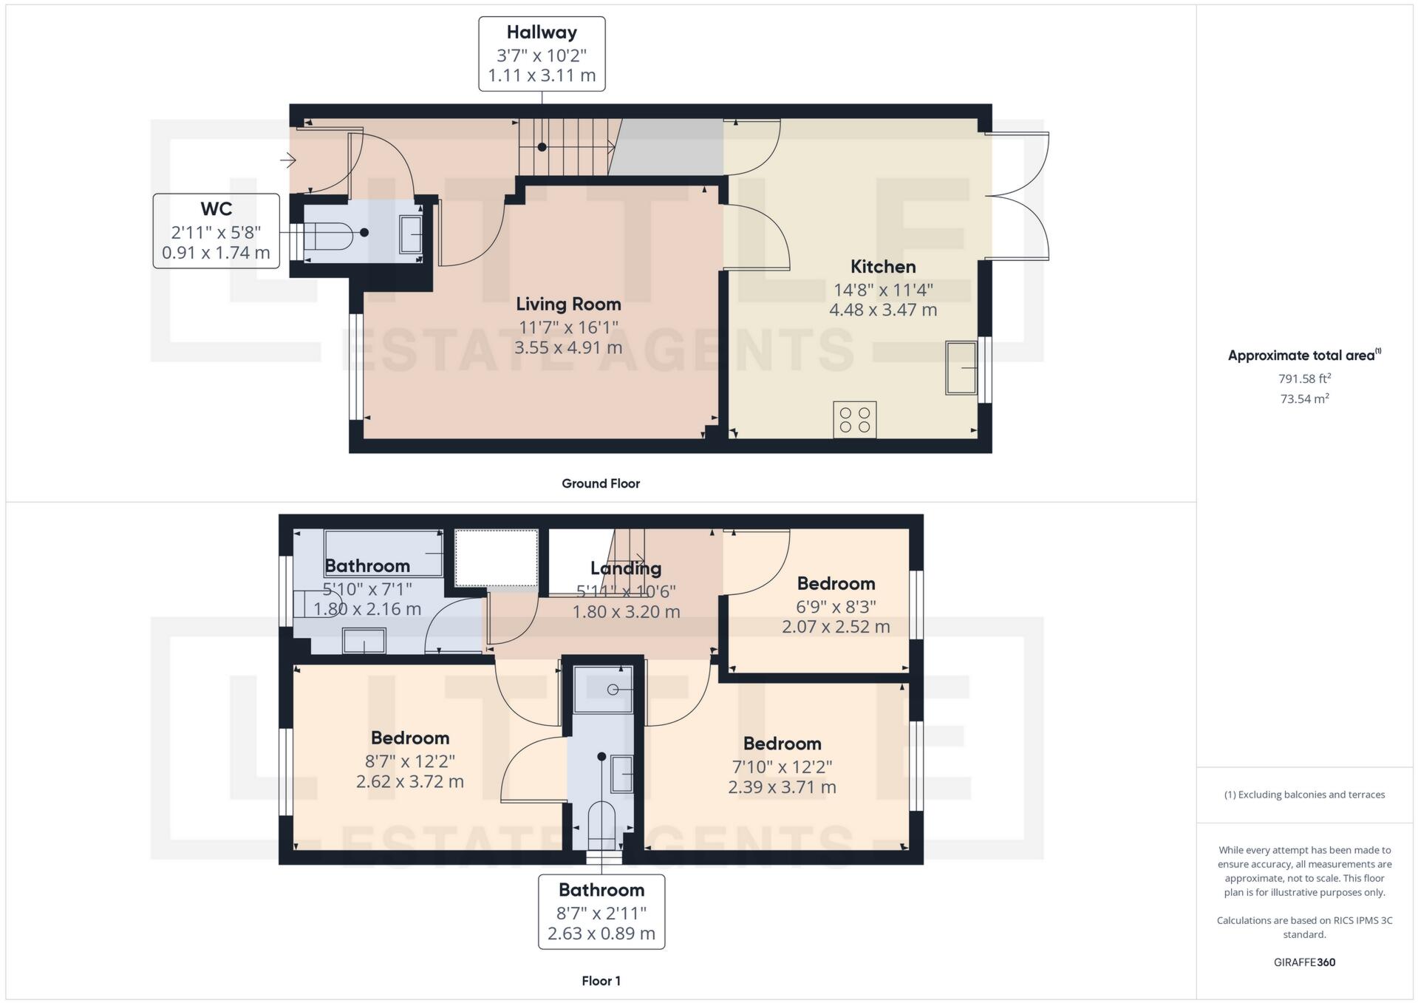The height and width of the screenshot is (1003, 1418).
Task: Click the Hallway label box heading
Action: (542, 33)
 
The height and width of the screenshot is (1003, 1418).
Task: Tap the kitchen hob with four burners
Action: (855, 419)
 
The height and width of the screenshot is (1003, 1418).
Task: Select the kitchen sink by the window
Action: (961, 367)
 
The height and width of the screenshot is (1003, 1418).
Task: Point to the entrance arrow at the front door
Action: (288, 159)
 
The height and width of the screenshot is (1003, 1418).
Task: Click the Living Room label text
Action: (567, 304)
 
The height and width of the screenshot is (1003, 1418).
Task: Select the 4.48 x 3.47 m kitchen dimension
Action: (882, 310)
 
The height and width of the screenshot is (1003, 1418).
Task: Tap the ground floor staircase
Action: (565, 147)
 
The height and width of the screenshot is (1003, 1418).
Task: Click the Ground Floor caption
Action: (600, 483)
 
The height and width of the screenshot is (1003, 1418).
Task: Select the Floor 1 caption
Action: (600, 981)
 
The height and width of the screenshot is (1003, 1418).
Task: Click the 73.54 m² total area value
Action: (1304, 399)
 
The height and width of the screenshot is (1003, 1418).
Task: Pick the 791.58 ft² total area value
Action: (1304, 378)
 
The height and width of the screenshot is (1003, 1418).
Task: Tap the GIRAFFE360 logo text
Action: (1304, 962)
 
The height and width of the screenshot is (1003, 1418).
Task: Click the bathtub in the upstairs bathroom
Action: (384, 552)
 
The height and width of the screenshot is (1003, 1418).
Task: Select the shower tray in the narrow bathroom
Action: (603, 689)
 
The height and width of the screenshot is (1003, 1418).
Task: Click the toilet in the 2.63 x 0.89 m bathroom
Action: (601, 826)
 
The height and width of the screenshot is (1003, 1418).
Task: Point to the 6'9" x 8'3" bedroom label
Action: (836, 606)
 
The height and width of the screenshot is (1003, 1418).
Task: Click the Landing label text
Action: (625, 568)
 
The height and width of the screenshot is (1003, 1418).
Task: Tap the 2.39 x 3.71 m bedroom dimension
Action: (782, 787)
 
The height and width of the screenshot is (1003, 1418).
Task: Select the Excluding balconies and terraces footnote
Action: (1304, 795)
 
